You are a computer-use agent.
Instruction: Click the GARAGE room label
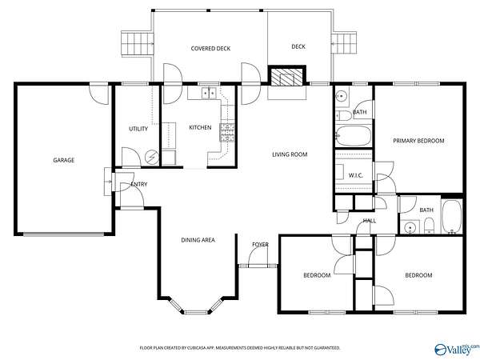point(64,160)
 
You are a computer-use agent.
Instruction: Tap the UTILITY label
point(138,129)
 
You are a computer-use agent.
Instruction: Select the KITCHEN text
point(200,127)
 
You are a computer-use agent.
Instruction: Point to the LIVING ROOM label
point(290,154)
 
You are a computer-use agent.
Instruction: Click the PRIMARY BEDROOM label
point(418,141)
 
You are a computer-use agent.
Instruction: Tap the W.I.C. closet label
point(356,175)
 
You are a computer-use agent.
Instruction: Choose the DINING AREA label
point(198,240)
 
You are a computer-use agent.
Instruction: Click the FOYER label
point(260,244)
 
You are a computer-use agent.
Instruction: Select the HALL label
point(370,221)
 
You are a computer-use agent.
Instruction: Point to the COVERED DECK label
point(210,48)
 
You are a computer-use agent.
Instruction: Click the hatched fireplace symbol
point(287,76)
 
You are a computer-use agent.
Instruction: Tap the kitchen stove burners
point(227,132)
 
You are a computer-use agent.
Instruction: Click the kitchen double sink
point(209,93)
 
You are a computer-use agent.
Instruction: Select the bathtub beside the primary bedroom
point(354,136)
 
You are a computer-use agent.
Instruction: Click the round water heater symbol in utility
point(152,158)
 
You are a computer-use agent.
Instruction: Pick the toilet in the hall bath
point(429,226)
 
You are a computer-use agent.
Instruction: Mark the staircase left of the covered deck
point(137,43)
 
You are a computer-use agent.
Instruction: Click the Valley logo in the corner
point(457,350)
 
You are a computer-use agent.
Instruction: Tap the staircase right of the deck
point(344,43)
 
